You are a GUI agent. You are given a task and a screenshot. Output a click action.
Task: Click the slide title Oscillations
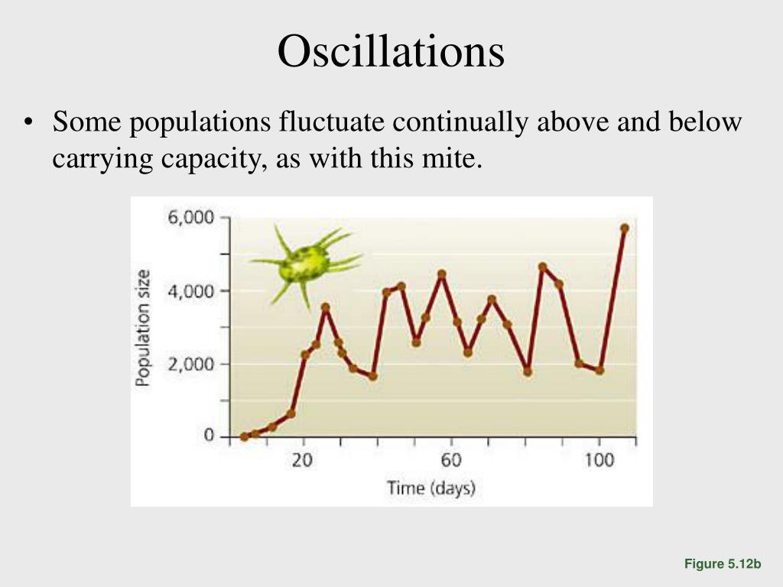(391, 52)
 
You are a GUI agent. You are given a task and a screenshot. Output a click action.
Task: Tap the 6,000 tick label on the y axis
(191, 218)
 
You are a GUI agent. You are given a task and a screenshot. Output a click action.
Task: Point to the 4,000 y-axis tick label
(191, 291)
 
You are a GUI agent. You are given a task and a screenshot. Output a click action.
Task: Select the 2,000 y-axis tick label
(191, 365)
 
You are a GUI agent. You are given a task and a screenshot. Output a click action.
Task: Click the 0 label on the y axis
(209, 436)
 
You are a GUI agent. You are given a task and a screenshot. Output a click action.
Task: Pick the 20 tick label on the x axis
(303, 460)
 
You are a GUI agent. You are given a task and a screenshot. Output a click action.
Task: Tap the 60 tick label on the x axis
(451, 460)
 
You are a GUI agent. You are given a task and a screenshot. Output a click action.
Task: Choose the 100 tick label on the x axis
(599, 460)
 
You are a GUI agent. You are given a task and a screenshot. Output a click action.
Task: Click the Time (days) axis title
(430, 487)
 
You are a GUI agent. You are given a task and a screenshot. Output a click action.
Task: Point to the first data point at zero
(245, 436)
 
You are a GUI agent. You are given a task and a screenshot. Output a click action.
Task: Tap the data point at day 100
(599, 371)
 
